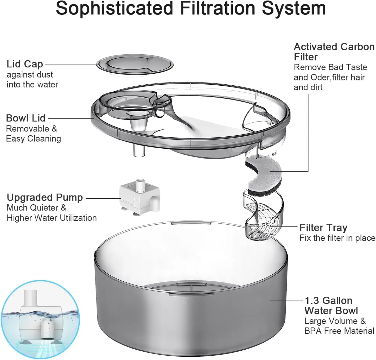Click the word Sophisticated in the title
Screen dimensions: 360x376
114,8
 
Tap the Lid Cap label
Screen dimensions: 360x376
25,64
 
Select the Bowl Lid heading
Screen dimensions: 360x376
26,118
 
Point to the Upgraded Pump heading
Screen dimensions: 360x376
45,198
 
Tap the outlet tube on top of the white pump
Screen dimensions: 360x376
141,184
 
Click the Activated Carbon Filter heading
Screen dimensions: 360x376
334,52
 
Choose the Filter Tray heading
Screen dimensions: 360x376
323,228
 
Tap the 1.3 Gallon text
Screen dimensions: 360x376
328,301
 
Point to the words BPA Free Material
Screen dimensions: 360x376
339,331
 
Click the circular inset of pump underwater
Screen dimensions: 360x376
40,320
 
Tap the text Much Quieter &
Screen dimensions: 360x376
36,208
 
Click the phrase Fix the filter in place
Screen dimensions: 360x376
337,238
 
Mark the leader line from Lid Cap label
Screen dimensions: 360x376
70,65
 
